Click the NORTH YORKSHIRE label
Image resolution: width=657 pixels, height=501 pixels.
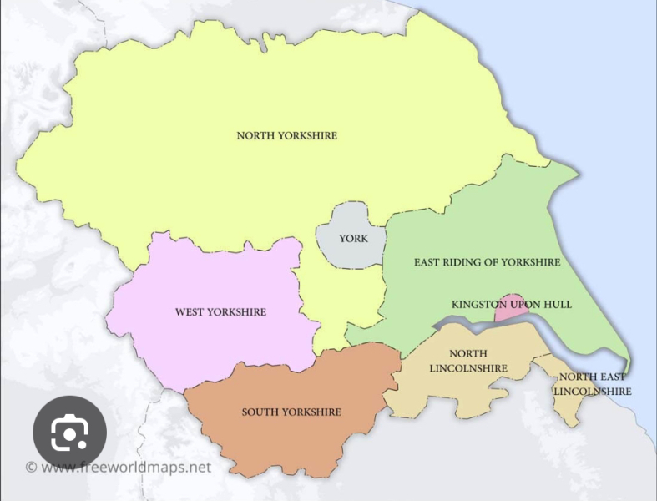click(x=287, y=135)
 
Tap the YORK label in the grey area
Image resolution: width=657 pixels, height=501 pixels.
click(x=353, y=239)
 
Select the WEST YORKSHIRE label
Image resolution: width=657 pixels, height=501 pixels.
click(x=220, y=312)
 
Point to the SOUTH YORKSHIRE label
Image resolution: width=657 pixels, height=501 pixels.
click(x=291, y=412)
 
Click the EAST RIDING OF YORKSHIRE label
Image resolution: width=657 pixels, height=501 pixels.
click(x=487, y=262)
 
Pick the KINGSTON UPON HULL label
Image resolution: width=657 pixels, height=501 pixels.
click(x=512, y=305)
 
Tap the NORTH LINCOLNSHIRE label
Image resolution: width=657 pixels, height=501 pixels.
click(x=468, y=361)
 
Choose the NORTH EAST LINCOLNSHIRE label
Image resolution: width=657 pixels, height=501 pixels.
click(x=593, y=384)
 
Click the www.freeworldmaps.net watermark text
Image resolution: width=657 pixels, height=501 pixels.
click(x=126, y=468)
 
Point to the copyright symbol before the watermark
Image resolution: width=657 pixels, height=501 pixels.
click(x=31, y=468)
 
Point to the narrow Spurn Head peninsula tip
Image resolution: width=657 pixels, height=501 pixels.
click(x=629, y=372)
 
